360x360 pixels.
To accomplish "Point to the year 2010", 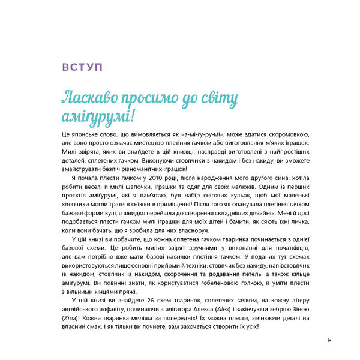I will pos(144,178).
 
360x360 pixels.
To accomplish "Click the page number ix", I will pos(329,341).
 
